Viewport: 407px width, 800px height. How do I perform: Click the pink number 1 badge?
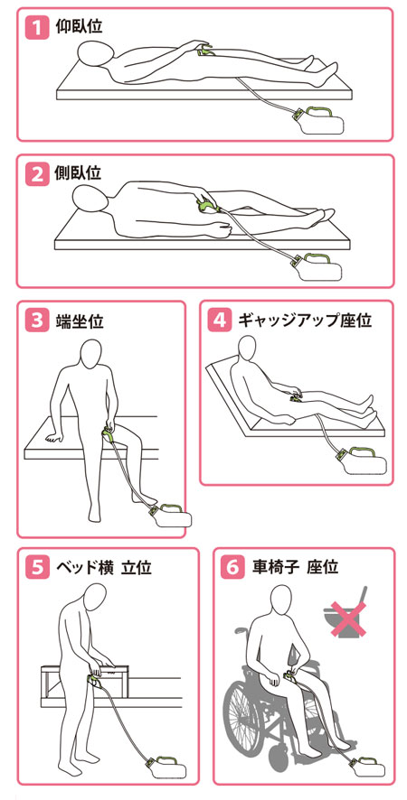pos(36,27)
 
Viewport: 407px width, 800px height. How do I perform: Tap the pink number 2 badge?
pos(36,174)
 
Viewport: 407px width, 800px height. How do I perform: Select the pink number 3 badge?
pos(36,321)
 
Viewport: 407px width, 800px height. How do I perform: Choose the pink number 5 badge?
pos(36,568)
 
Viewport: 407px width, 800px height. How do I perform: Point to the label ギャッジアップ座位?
pos(306,321)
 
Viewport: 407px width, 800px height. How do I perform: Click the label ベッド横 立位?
pos(103,567)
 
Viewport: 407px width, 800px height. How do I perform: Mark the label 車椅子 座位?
pos(295,567)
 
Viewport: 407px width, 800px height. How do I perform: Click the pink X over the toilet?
pos(347,619)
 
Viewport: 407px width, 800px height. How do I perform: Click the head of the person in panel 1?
pos(96,53)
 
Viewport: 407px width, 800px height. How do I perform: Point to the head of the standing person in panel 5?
pos(96,597)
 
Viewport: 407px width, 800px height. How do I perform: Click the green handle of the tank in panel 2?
pos(316,256)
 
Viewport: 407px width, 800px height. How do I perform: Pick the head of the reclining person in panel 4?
pos(249,350)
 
